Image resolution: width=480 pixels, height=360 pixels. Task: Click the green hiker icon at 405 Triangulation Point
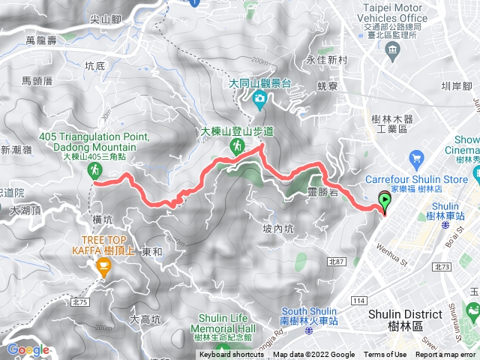point(96,172)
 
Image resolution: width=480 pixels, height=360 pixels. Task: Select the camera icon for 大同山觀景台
point(259,97)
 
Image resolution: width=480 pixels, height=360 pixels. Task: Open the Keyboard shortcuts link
point(231,355)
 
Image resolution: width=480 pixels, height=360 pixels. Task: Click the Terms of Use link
point(385,355)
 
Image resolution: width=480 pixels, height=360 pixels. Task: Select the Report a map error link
point(446,355)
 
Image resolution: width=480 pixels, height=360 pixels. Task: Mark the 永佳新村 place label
point(325,60)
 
